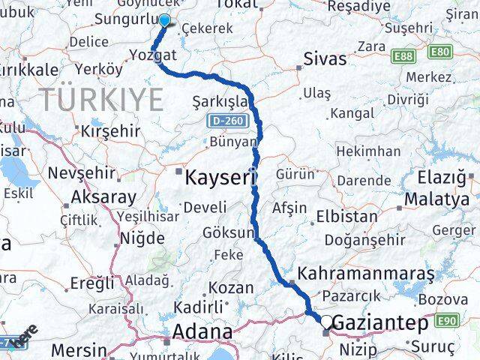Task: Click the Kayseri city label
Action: coord(220,178)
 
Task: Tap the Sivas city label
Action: coord(325,59)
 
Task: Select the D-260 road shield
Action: coord(223,120)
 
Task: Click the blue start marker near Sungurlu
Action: coord(164,22)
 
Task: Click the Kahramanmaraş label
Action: coord(366,274)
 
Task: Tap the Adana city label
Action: coord(202,331)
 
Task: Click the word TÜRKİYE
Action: coord(100,98)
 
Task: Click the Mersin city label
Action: coord(79,349)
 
